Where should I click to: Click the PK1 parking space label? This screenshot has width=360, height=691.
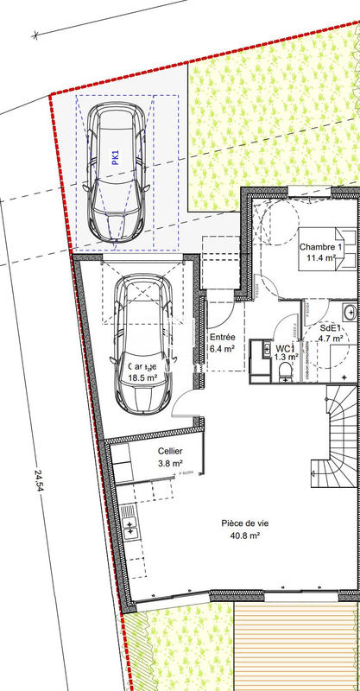pyautogui.click(x=115, y=156)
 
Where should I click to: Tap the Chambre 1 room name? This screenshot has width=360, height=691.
pyautogui.click(x=321, y=247)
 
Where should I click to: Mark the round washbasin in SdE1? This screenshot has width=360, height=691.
pyautogui.click(x=350, y=311)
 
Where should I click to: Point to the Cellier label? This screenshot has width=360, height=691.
pyautogui.click(x=170, y=452)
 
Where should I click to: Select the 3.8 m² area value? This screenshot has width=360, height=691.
pyautogui.click(x=170, y=464)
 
